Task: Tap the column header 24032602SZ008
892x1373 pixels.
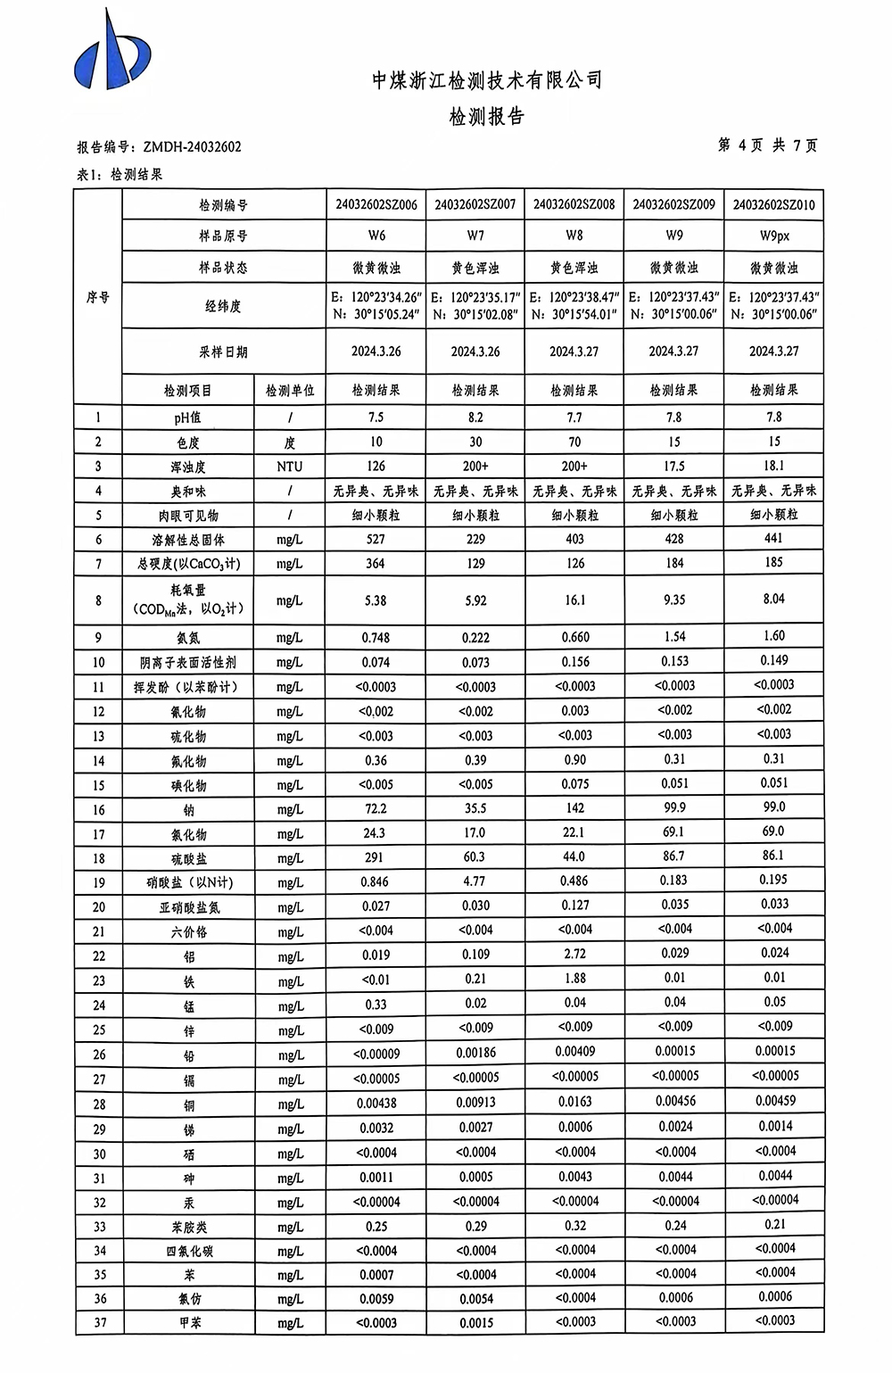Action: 574,204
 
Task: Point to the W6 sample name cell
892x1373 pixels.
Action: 376,236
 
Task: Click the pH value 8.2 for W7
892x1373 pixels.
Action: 475,417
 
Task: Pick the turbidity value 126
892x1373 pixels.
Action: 376,466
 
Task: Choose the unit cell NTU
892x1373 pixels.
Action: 290,466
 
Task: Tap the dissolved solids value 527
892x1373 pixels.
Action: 376,539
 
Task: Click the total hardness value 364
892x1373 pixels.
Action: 376,563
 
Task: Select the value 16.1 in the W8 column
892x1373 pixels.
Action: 575,600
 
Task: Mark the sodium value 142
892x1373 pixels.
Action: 575,808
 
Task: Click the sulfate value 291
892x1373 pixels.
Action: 375,856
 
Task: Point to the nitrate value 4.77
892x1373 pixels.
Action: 475,881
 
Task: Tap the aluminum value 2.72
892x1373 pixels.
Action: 575,955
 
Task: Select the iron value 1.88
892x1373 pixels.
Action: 575,979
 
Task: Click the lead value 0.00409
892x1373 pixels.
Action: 575,1052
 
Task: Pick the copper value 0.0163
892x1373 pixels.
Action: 575,1102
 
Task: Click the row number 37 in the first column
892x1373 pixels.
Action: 99,1322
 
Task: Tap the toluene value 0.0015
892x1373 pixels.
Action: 476,1323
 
